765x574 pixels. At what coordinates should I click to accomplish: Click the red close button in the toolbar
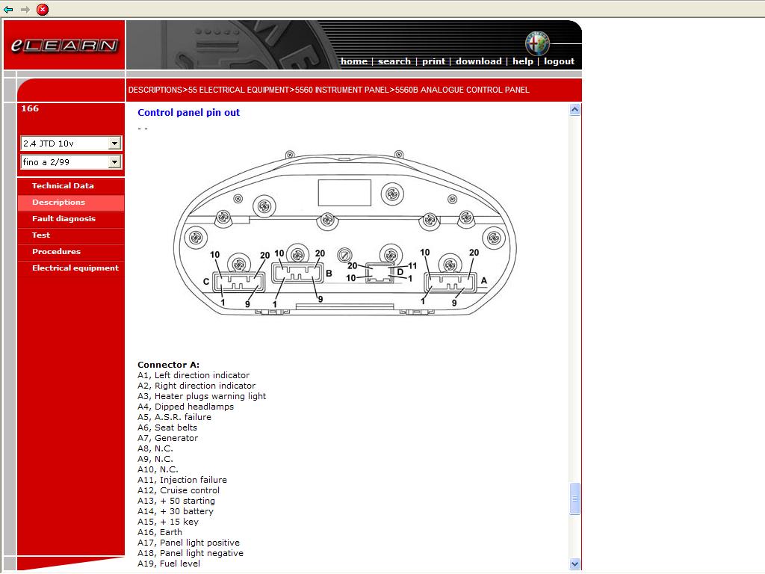coord(43,9)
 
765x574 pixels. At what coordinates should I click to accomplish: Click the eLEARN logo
coord(64,46)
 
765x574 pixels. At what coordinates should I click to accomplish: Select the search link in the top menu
coord(394,61)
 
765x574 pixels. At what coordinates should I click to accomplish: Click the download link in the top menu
coord(479,61)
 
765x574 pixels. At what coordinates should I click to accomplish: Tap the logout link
coord(559,61)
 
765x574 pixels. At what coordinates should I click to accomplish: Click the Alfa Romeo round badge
coord(537,43)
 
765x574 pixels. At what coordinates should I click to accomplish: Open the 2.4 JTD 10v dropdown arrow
coord(114,143)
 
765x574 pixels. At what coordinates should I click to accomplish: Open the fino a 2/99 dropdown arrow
coord(114,161)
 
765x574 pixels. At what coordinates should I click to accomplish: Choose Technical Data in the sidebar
coord(63,185)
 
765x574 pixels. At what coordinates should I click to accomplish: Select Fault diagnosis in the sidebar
coord(64,219)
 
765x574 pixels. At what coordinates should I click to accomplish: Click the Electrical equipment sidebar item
coord(75,268)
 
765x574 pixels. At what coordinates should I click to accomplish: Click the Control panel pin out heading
coord(189,112)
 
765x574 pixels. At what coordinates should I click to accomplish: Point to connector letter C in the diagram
coord(206,281)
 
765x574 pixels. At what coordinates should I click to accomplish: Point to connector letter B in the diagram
coord(329,274)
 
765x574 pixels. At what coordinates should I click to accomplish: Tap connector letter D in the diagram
coord(400,272)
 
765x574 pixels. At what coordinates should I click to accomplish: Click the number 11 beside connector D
coord(412,266)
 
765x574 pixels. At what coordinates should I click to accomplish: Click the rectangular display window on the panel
coord(344,193)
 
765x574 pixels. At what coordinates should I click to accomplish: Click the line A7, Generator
coord(168,438)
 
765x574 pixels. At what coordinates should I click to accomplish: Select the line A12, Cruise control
coord(179,490)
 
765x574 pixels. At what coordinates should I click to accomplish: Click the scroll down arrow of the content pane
coord(574,564)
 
